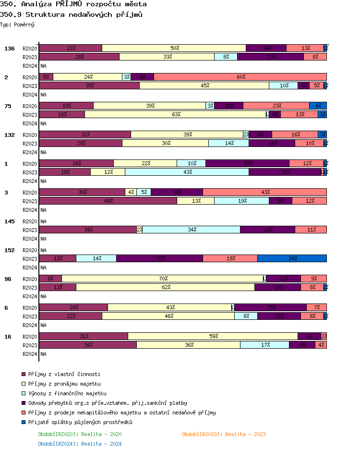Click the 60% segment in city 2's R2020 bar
click(240, 77)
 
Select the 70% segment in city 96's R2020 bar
click(163, 279)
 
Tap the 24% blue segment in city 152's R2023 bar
click(292, 258)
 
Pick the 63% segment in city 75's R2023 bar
click(176, 114)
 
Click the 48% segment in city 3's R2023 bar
click(108, 201)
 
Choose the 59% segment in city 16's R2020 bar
click(213, 336)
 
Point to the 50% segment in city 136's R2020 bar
click(174, 48)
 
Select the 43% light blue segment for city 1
click(187, 172)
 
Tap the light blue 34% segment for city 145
click(192, 230)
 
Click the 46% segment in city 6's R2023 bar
click(168, 316)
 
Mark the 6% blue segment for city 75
click(318, 106)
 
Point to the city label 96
click(8, 279)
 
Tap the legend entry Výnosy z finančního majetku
click(67, 393)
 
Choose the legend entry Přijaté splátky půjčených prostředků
click(80, 422)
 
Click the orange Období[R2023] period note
click(224, 434)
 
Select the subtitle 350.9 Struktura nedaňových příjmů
click(71, 14)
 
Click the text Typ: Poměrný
click(17, 24)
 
